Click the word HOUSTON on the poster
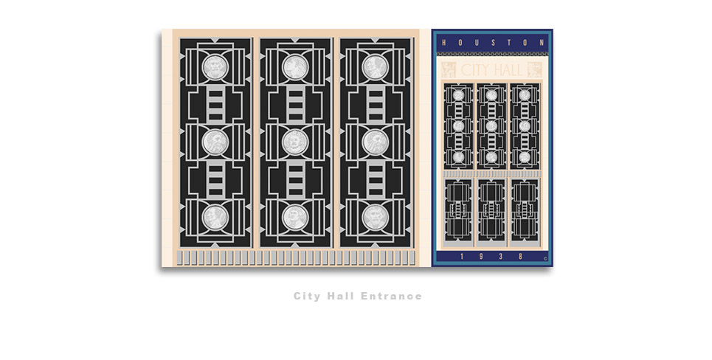point(492,43)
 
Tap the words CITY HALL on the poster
point(492,70)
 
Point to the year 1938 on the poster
point(491,257)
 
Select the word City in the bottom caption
point(306,297)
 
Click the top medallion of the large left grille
point(215,67)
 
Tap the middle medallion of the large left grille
point(215,142)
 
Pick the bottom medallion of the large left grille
point(215,216)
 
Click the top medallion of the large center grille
point(295,67)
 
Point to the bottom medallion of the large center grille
point(295,216)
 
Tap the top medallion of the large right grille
point(375,67)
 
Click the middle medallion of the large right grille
point(375,142)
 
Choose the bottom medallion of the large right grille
point(375,216)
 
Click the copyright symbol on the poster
point(545,259)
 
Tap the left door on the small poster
point(458,210)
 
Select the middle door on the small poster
point(491,210)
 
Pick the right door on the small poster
point(525,210)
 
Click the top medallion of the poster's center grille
point(491,95)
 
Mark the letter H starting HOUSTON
point(444,43)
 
